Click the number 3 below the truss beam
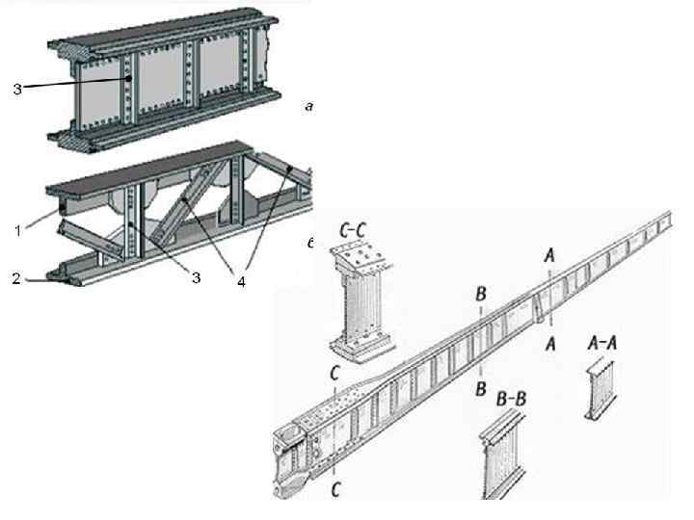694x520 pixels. tap(196, 278)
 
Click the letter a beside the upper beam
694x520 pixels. tap(308, 107)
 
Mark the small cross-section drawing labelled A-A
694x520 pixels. tap(600, 386)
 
